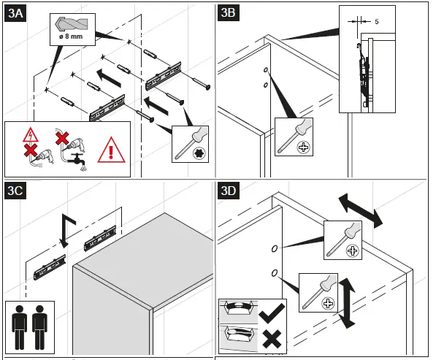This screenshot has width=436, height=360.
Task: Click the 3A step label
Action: pyautogui.click(x=15, y=13)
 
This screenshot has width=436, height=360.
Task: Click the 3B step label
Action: pyautogui.click(x=229, y=12)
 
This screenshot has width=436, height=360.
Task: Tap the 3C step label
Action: pyautogui.click(x=15, y=191)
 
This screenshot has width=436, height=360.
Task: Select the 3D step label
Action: pyautogui.click(x=229, y=191)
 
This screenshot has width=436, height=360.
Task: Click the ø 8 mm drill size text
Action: pyautogui.click(x=71, y=37)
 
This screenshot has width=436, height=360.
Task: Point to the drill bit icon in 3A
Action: pyautogui.click(x=72, y=24)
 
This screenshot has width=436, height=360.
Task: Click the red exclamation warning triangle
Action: pyautogui.click(x=111, y=150)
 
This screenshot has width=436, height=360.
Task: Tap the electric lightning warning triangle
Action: pyautogui.click(x=31, y=135)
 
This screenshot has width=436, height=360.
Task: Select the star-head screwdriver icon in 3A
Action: pyautogui.click(x=190, y=144)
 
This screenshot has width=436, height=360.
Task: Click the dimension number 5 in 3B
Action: pyautogui.click(x=377, y=22)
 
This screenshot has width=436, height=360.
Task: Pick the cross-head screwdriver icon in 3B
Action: pyautogui.click(x=294, y=137)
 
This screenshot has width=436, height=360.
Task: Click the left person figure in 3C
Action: pyautogui.click(x=20, y=327)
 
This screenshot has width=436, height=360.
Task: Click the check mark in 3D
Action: pyautogui.click(x=272, y=313)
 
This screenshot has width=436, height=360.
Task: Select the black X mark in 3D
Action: pyautogui.click(x=272, y=339)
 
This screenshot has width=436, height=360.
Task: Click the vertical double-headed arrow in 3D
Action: pyautogui.click(x=346, y=303)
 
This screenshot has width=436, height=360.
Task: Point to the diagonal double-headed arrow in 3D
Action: pyautogui.click(x=360, y=211)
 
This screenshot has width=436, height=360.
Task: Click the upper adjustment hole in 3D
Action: pyautogui.click(x=275, y=249)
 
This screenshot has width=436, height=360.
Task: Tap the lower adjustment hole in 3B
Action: pyautogui.click(x=266, y=85)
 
